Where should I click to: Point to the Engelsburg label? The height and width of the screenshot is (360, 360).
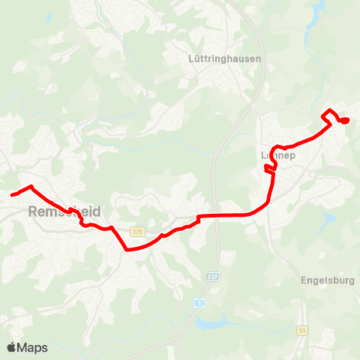pyautogui.click(x=327, y=281)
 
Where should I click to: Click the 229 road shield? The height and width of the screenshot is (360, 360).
pyautogui.click(x=136, y=231)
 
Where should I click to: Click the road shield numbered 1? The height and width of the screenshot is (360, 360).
pyautogui.click(x=199, y=302)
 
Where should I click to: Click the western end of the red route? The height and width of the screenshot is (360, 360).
pyautogui.click(x=12, y=195)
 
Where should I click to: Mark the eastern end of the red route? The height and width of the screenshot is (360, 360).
pyautogui.click(x=347, y=121)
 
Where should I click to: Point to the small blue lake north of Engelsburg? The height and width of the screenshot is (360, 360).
pyautogui.click(x=328, y=220)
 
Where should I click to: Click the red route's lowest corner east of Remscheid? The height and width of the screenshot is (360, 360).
pyautogui.click(x=127, y=250)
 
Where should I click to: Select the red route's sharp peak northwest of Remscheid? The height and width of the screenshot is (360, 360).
pyautogui.click(x=31, y=186)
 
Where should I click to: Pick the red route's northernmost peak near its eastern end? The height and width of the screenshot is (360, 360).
pyautogui.click(x=329, y=111)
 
